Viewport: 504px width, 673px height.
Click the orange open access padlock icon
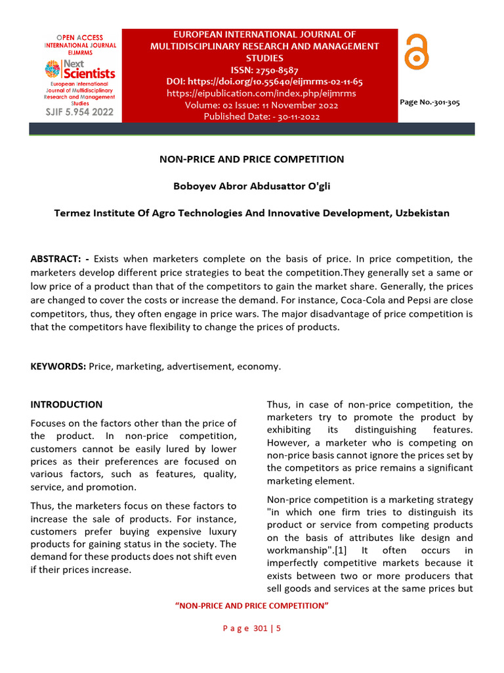coord(416,53)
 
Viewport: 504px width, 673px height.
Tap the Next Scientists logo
coord(79,68)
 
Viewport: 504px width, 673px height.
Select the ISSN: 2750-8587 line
coord(264,70)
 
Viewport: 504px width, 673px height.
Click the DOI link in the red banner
coord(264,81)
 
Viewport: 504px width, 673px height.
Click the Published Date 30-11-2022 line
coord(262,116)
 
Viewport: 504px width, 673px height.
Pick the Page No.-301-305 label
coord(429,103)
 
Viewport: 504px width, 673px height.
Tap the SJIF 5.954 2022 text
coord(79,112)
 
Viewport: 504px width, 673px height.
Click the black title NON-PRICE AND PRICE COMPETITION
coord(252,159)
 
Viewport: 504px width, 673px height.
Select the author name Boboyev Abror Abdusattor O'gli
coord(252,186)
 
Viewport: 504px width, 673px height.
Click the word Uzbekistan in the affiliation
coord(421,213)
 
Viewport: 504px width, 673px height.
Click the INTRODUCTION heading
coord(66,404)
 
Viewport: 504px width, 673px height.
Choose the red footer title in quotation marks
coord(252,605)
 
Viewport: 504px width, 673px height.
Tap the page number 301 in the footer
coord(261,628)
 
